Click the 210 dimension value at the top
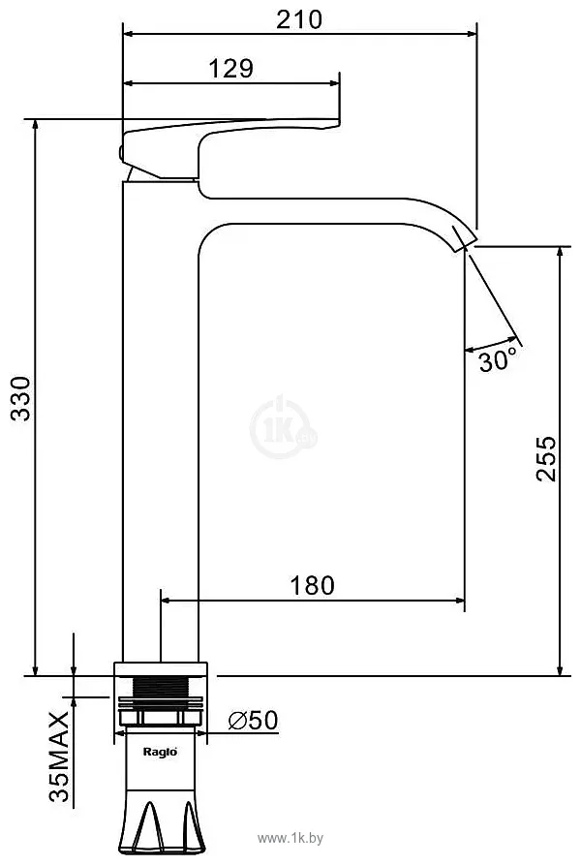coord(299,19)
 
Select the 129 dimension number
coord(231,69)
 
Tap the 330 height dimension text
coord(21,399)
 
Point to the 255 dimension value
coord(546,458)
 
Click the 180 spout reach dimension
coord(312,585)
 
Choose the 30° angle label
coord(498,360)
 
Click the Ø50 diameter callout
coord(253,720)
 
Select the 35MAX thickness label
coord(59,757)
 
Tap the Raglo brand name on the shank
coord(160,752)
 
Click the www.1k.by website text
coord(290,839)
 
